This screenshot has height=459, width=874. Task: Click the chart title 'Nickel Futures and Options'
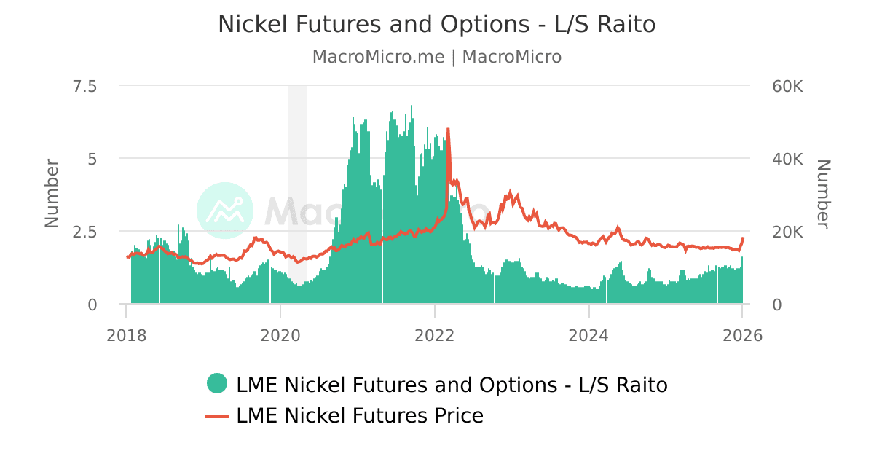436,24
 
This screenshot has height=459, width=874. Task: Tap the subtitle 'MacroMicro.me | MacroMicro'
436,57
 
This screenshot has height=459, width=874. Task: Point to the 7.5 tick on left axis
82,86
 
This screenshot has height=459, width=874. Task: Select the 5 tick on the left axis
92,159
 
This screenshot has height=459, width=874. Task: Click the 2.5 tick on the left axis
82,232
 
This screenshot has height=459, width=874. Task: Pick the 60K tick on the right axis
787,86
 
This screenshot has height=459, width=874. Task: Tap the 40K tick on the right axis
787,159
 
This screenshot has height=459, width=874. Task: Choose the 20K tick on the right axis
787,232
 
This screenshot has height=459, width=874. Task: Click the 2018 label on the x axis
126,335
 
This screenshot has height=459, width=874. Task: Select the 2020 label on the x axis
280,335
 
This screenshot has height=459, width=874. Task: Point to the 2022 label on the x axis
435,335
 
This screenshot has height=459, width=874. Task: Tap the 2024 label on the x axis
588,335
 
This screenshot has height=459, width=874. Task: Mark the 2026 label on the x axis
742,335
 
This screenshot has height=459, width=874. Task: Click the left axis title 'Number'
52,193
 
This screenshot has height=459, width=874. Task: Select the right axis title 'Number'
823,193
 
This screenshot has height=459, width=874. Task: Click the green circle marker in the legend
217,383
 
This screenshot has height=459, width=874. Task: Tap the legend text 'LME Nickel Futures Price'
360,416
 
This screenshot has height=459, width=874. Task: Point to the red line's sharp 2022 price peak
448,130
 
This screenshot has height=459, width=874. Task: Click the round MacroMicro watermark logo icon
225,211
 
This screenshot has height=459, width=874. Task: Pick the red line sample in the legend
217,416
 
